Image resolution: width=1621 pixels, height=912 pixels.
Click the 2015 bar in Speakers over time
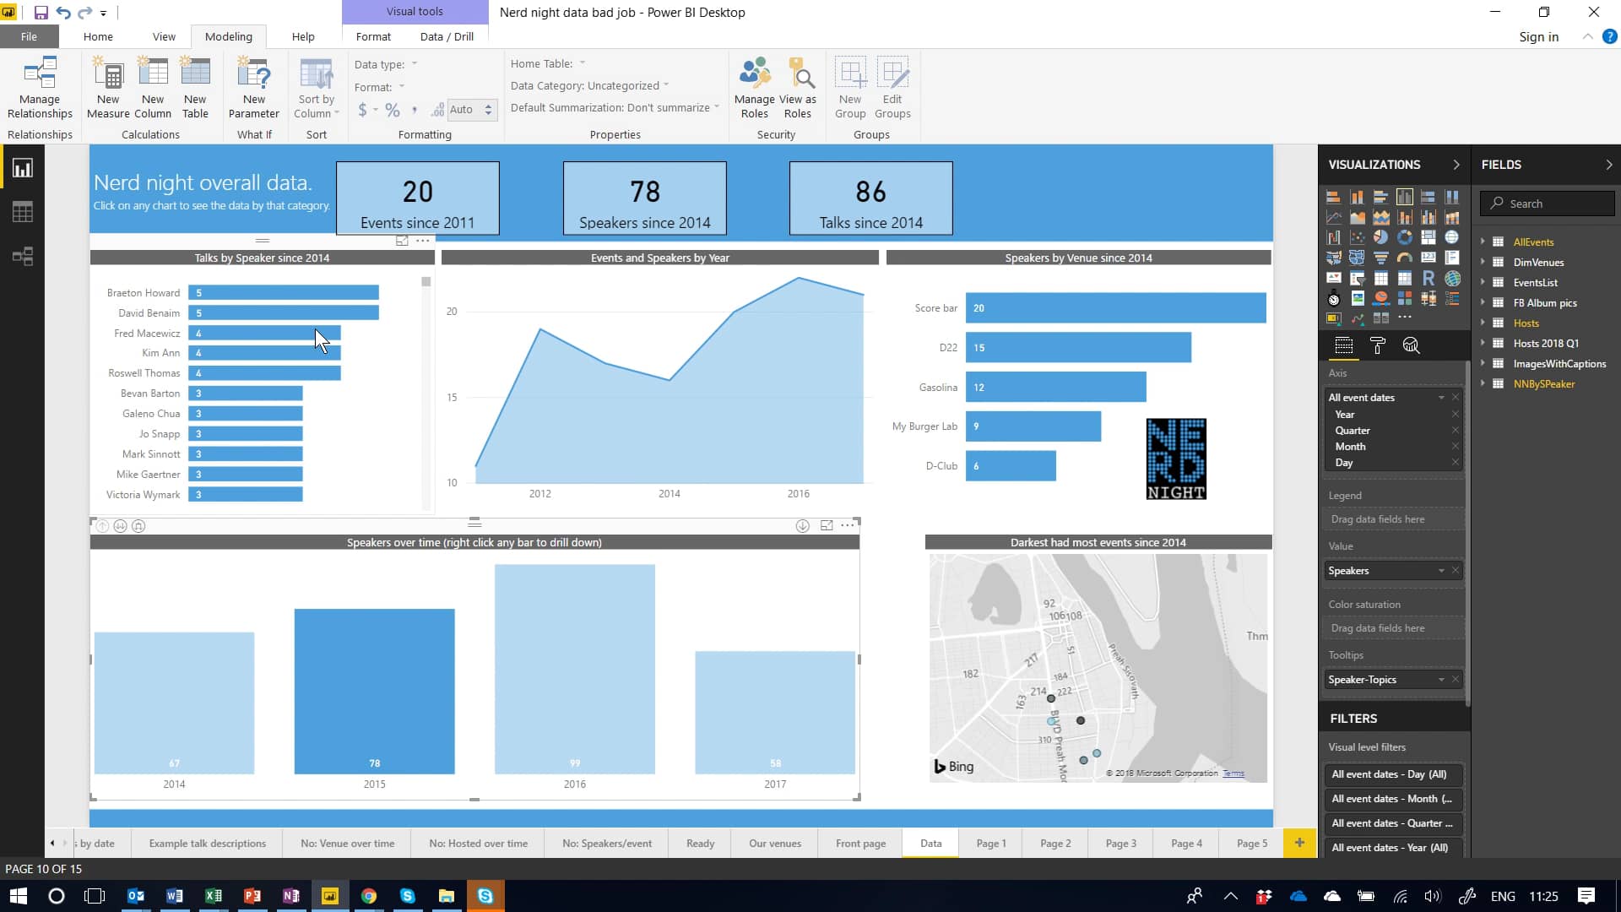point(374,691)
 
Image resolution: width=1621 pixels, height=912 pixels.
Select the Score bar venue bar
point(1114,308)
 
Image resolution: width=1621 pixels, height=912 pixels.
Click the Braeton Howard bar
point(284,293)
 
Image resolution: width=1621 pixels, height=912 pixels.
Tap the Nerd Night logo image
point(1176,459)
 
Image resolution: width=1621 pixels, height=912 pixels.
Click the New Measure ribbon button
point(108,88)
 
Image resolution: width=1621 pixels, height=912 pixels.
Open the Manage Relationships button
point(40,88)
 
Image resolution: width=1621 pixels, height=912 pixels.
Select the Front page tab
point(860,843)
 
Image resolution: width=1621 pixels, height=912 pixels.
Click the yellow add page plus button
point(1299,843)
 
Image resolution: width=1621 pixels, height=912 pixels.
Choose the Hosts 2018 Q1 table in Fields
point(1545,344)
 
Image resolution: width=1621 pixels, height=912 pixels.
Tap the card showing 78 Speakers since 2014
point(644,198)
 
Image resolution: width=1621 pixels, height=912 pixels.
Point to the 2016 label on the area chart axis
point(798,494)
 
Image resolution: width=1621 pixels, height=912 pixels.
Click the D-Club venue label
point(941,466)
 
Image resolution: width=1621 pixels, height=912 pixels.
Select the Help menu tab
point(303,36)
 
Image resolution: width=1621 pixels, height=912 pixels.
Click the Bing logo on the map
point(954,767)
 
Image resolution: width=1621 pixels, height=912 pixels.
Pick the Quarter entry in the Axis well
point(1353,431)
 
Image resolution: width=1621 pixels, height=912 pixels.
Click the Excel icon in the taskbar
point(214,896)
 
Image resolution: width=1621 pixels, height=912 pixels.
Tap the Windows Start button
point(18,896)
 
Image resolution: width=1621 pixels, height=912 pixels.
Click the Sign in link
point(1538,37)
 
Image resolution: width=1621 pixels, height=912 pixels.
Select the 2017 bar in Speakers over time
point(775,712)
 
